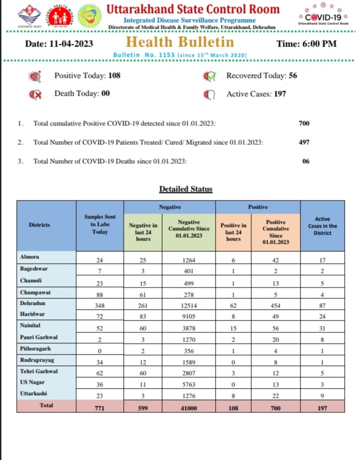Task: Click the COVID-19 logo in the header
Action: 323,16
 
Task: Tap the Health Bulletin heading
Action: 181,42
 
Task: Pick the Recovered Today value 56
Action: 293,76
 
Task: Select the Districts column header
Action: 43,224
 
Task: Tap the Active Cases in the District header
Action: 322,225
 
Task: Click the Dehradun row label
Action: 32,304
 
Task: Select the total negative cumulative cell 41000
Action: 189,408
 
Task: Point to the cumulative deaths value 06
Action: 306,161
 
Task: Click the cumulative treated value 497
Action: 304,142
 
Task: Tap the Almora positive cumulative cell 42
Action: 277,259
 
